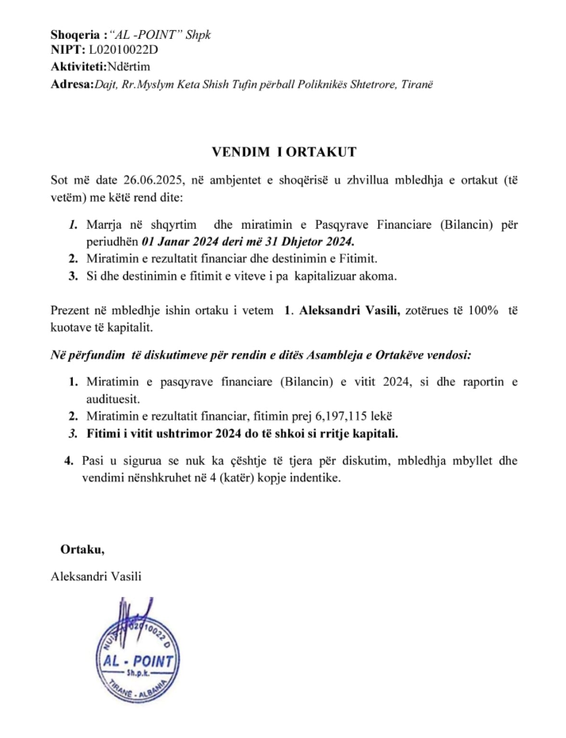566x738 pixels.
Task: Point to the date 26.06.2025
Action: [x=146, y=180]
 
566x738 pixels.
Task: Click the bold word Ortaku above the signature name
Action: [x=82, y=549]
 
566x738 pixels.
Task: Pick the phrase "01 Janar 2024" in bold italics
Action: [x=177, y=241]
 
